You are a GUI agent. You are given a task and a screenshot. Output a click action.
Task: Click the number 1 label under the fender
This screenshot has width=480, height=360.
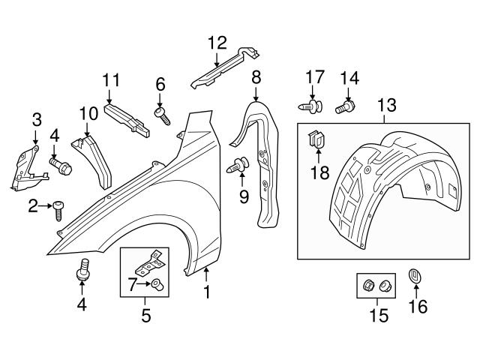point(205,289)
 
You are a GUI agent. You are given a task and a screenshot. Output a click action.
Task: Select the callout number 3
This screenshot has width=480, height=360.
point(36,119)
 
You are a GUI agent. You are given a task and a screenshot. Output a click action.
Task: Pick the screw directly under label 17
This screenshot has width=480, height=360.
point(313,108)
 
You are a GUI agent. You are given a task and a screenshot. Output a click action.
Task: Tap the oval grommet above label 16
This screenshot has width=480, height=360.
point(414,277)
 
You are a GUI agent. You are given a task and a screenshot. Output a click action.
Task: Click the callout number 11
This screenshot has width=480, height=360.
point(111,79)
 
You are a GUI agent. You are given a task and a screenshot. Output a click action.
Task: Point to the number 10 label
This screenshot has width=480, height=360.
point(88,114)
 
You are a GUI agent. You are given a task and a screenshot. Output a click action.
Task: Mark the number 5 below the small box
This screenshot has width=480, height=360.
point(146,316)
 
